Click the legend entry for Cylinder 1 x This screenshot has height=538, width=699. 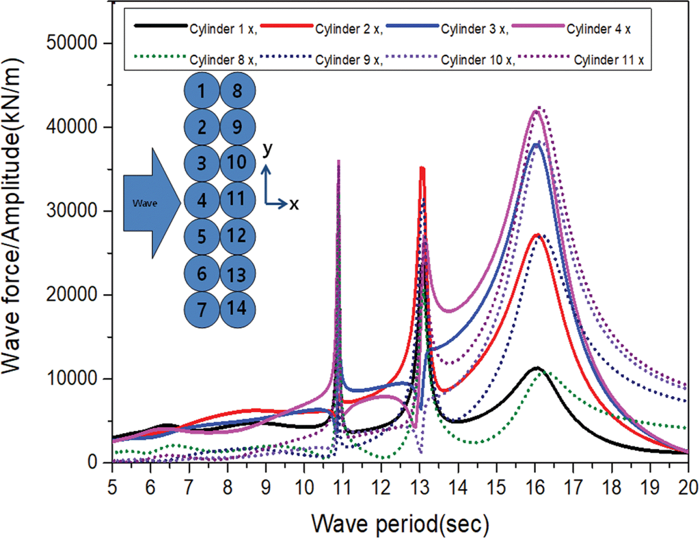[223, 29]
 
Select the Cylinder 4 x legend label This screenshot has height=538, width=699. [598, 29]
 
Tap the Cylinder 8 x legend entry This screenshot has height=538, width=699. [223, 60]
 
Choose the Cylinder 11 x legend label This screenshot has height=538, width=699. [609, 60]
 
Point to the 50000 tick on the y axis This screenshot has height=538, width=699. [71, 43]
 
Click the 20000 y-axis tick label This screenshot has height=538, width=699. [71, 294]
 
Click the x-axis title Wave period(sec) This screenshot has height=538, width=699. [400, 524]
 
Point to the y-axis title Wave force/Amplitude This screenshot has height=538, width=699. [12, 216]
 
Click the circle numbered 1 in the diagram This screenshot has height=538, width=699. [202, 91]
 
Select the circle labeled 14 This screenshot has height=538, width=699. [237, 308]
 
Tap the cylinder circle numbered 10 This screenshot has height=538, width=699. [237, 163]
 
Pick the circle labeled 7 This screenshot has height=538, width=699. [202, 309]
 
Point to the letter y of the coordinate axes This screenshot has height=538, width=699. [267, 149]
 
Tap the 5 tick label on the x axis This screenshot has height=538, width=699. [112, 487]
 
